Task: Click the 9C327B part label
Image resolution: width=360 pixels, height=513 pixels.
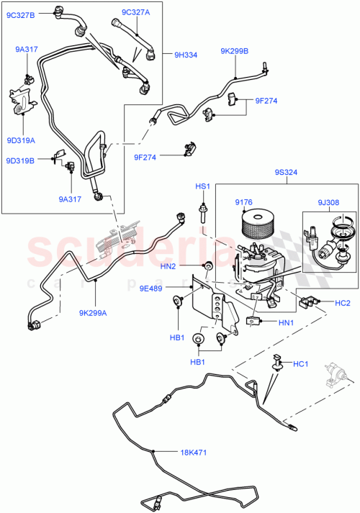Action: coord(21,12)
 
